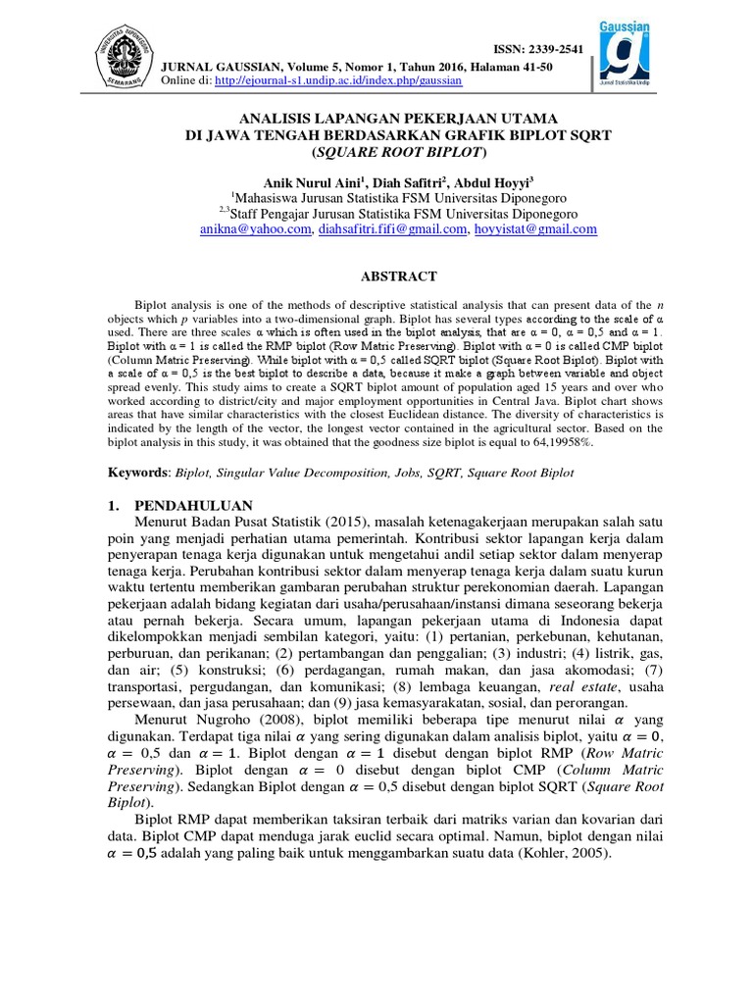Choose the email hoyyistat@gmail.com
tap(535, 229)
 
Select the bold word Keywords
tap(138, 473)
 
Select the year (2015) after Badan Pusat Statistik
tap(342, 524)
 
